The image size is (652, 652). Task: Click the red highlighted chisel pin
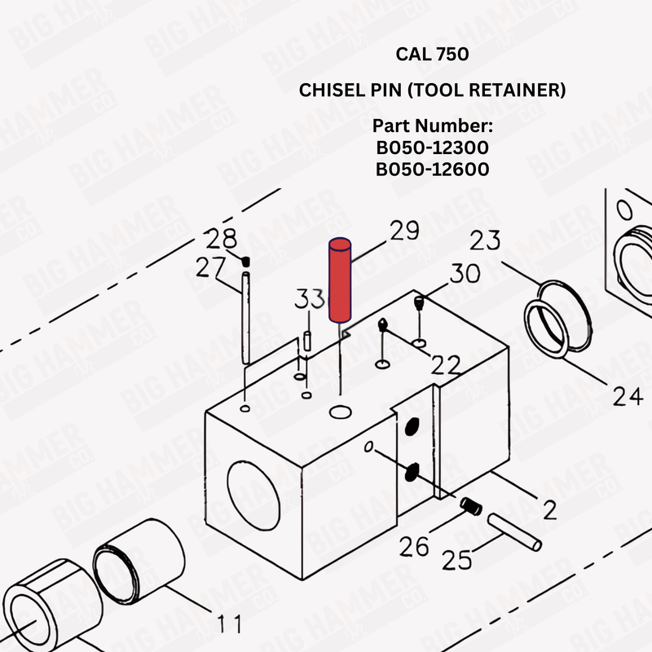338,280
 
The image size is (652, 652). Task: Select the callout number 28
221,240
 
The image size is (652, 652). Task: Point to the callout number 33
310,300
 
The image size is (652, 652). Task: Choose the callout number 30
464,273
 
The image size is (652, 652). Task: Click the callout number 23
485,241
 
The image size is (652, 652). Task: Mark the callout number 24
628,397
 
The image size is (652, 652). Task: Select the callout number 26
414,546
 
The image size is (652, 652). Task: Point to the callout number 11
231,624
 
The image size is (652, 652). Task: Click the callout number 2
549,510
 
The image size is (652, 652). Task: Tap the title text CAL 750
432,55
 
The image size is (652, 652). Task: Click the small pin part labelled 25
513,529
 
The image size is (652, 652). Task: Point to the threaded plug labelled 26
469,506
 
